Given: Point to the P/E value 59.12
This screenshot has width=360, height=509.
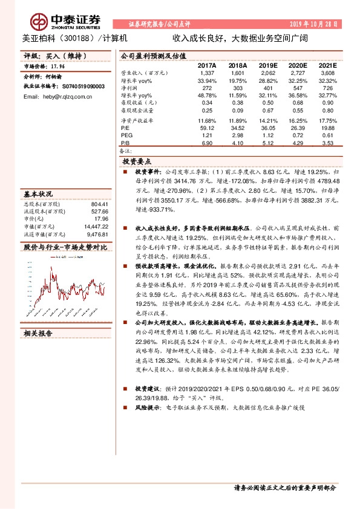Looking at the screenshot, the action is [x=206, y=128].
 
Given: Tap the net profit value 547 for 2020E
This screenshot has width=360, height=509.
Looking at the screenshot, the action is [x=298, y=88].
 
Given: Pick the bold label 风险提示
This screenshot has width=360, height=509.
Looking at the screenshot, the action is [x=148, y=408].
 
